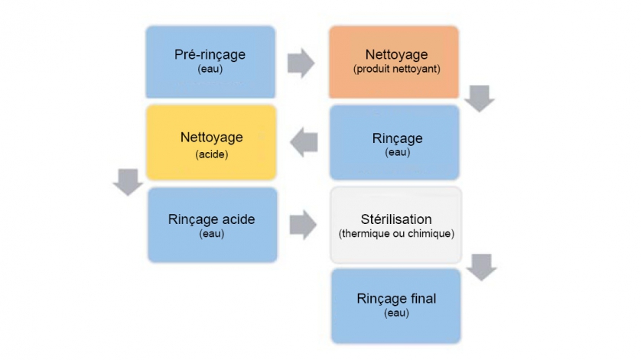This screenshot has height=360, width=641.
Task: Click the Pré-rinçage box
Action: pyautogui.click(x=210, y=62)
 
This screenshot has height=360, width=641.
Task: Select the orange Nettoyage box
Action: pyautogui.click(x=393, y=62)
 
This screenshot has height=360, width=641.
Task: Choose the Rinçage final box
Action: pyautogui.click(x=396, y=305)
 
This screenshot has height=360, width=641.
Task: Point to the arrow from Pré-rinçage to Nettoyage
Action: pyautogui.click(x=301, y=63)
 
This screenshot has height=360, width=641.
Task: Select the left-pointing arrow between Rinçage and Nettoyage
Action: pyautogui.click(x=304, y=143)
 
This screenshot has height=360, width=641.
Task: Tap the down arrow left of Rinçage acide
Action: pyautogui.click(x=127, y=183)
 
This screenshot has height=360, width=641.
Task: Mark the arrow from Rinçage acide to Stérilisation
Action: pyautogui.click(x=302, y=223)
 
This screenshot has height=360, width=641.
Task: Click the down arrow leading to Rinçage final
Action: pyautogui.click(x=481, y=267)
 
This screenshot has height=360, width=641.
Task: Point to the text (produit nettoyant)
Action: pyautogui.click(x=397, y=70)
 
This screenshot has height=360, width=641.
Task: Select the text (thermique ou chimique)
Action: pyautogui.click(x=396, y=233)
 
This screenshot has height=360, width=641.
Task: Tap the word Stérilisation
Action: pyautogui.click(x=396, y=219)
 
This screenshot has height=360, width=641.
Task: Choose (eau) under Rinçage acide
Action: pyautogui.click(x=211, y=234)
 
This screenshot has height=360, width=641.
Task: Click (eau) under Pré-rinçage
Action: pyautogui.click(x=210, y=69)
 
